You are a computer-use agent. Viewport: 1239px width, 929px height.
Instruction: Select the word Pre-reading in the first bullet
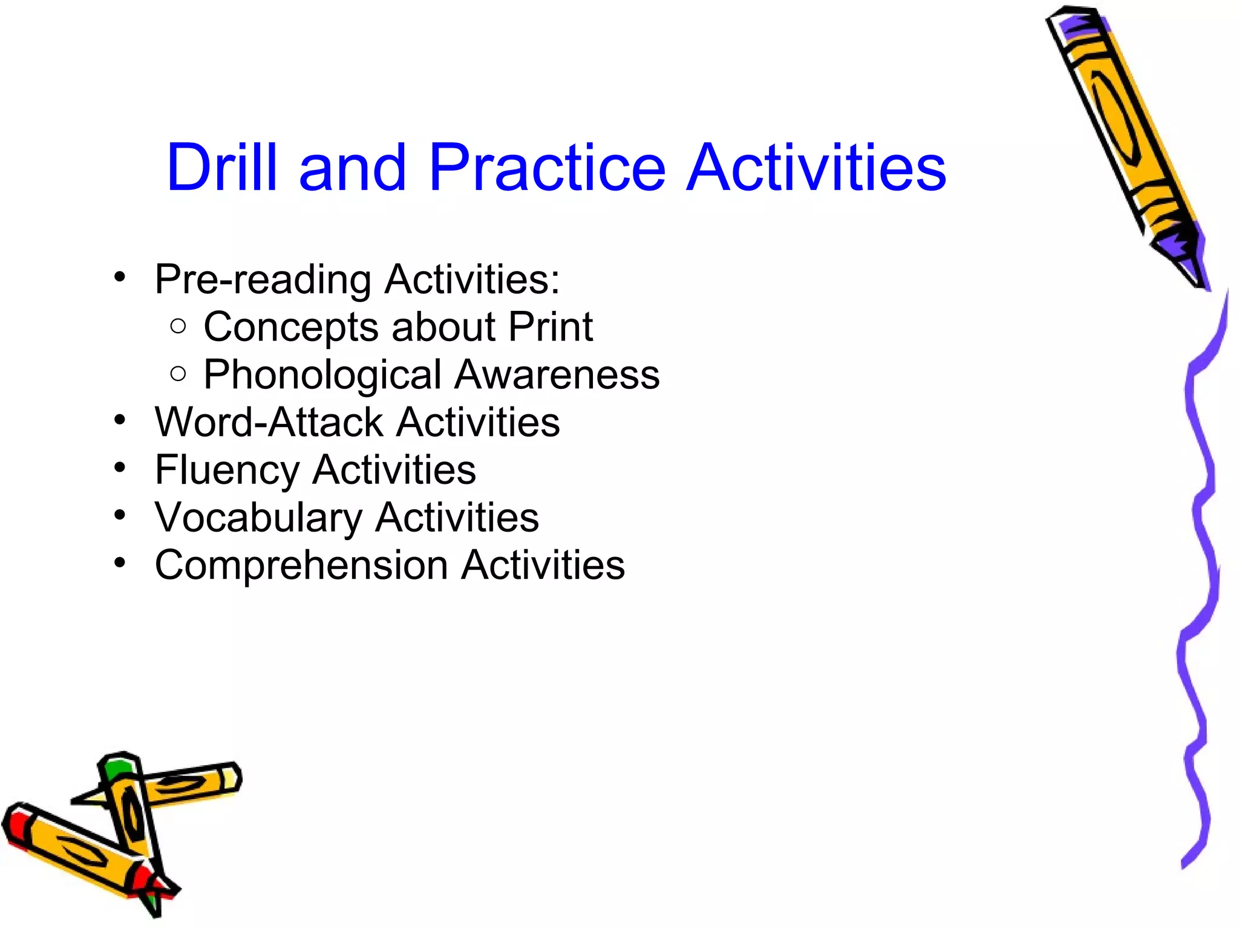[x=263, y=281]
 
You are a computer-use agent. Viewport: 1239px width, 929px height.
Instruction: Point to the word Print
[x=551, y=327]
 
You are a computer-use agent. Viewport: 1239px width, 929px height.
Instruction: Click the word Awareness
[x=557, y=375]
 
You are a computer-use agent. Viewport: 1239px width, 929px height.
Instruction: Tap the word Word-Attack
[x=269, y=422]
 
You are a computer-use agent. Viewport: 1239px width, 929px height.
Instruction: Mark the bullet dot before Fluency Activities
[x=120, y=468]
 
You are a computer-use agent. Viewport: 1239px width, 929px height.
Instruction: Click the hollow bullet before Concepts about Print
[x=178, y=327]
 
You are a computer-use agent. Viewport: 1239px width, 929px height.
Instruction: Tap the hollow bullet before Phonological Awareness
[x=178, y=374]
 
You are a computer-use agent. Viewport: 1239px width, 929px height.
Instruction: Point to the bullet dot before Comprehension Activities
[x=120, y=563]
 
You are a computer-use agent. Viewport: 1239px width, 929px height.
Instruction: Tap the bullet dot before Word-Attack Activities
[x=120, y=420]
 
